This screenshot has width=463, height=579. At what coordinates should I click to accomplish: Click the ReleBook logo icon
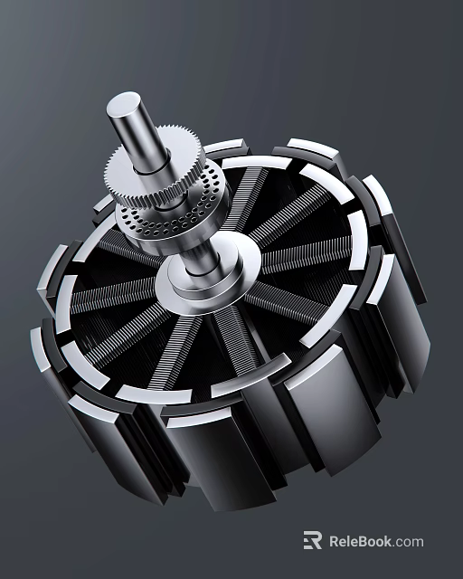[313, 541]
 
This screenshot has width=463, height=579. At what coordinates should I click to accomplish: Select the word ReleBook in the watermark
[361, 542]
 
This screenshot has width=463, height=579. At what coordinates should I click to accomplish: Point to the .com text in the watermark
[408, 542]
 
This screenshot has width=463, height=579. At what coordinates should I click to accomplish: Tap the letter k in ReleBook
[388, 542]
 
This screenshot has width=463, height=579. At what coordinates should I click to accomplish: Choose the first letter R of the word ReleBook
[335, 542]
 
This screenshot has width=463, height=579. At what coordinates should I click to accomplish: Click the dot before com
[394, 546]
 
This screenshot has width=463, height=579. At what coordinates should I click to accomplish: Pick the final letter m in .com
[417, 543]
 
